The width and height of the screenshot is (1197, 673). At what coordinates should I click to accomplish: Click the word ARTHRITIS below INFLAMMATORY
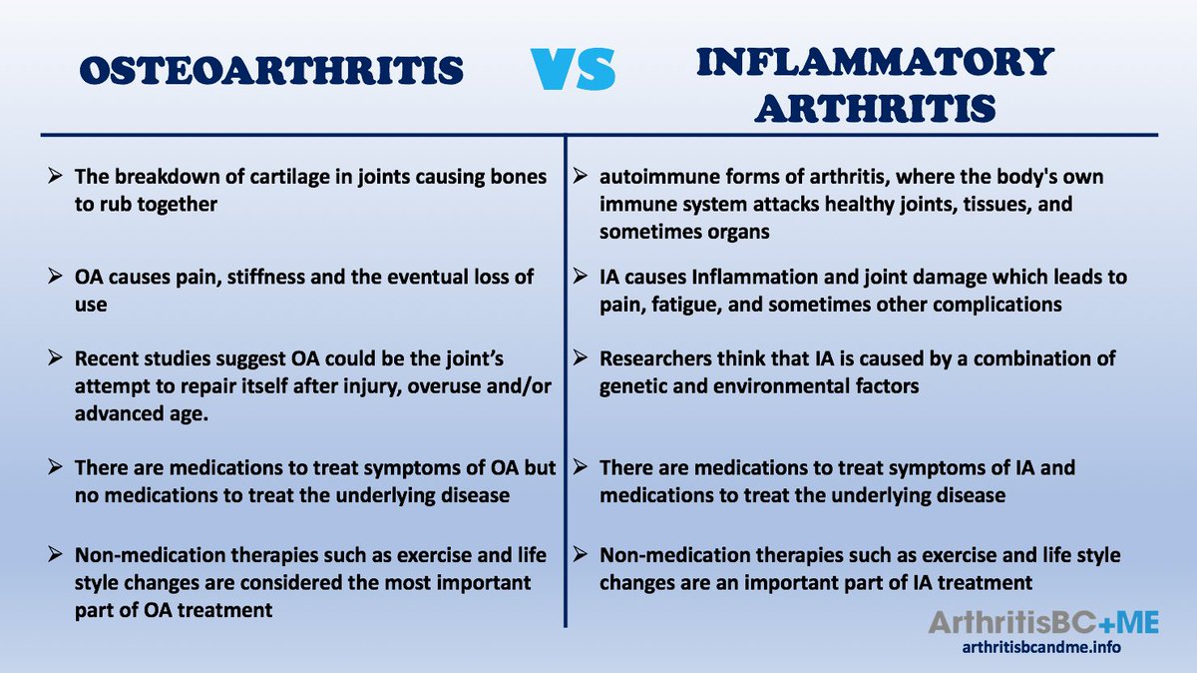[875, 107]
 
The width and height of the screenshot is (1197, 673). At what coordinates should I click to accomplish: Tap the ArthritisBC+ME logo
[1043, 623]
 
